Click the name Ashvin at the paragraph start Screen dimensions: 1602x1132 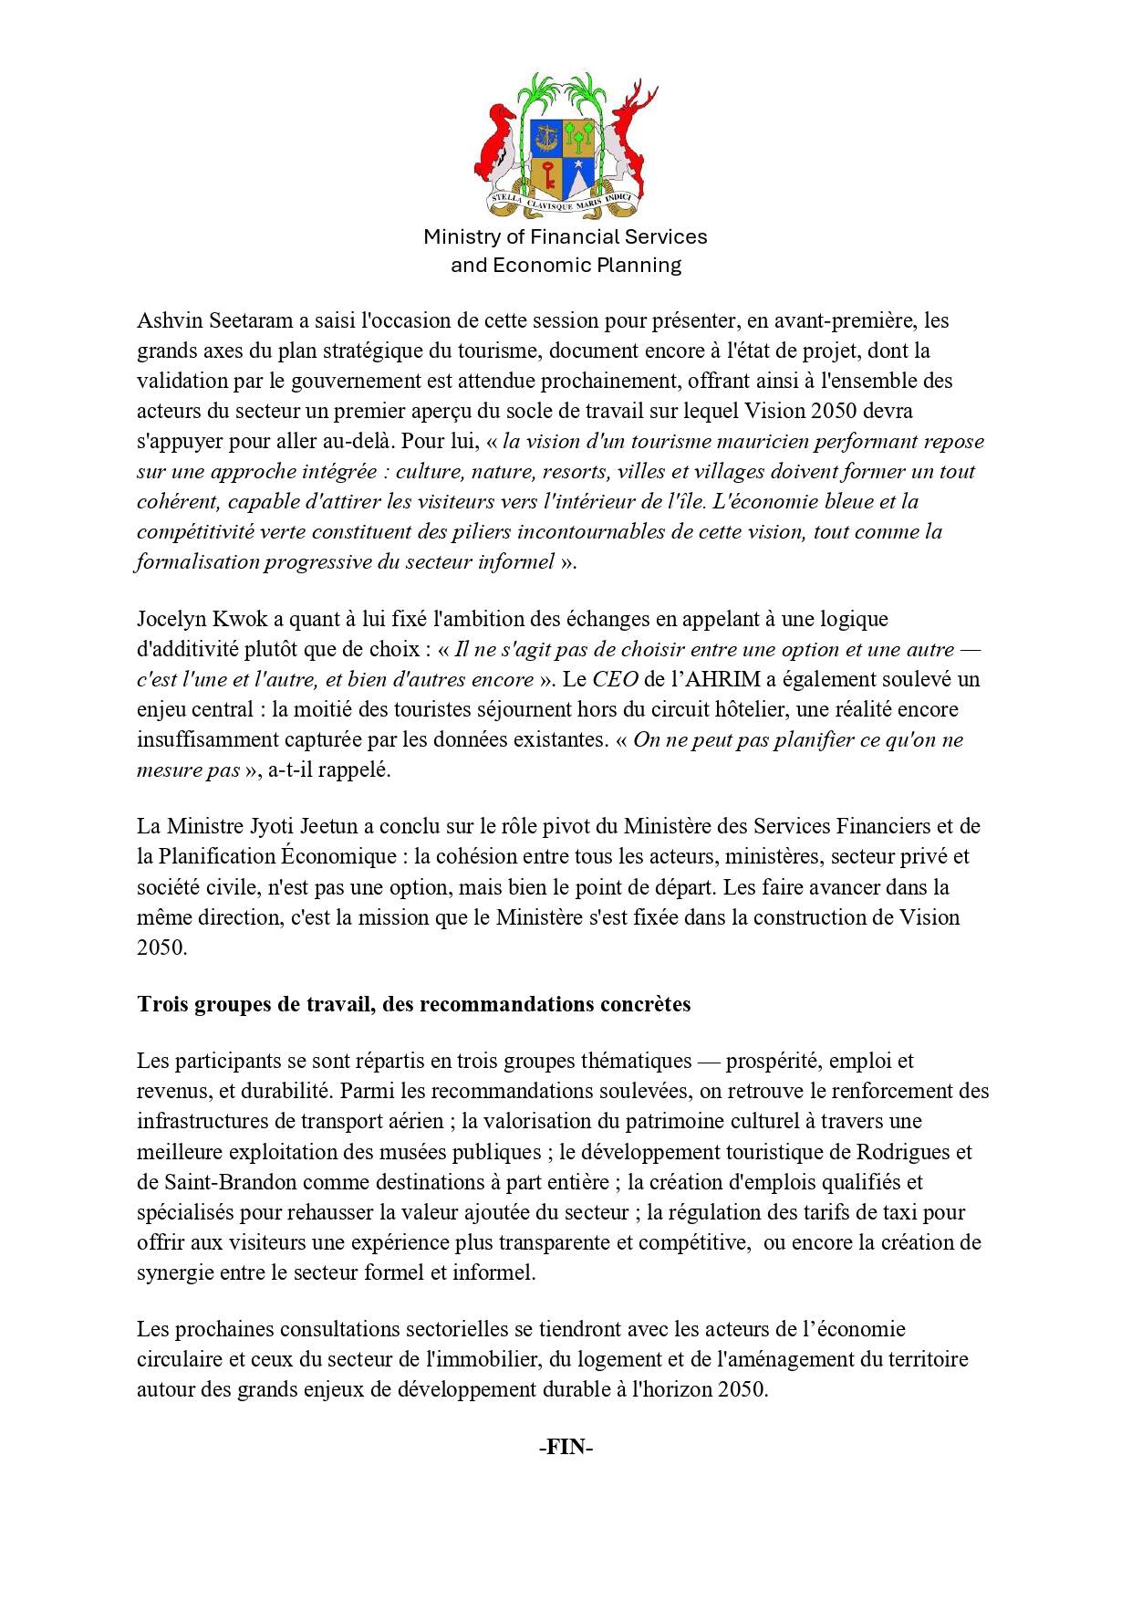[x=168, y=321]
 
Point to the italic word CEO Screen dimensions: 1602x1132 [x=615, y=680]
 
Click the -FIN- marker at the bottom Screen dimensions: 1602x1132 [x=566, y=1448]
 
